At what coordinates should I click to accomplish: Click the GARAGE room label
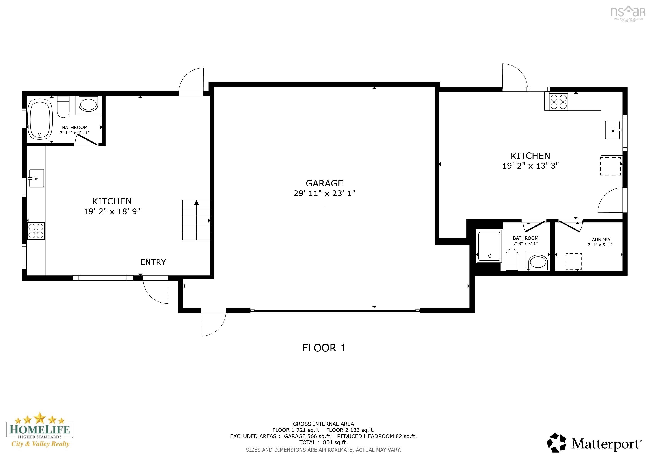pyautogui.click(x=324, y=183)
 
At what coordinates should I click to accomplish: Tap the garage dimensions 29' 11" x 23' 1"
pyautogui.click(x=324, y=193)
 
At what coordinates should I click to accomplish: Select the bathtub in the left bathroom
pyautogui.click(x=40, y=119)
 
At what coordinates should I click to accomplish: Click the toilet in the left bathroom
pyautogui.click(x=63, y=107)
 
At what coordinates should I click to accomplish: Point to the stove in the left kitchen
pyautogui.click(x=36, y=231)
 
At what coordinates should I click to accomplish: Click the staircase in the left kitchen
pyautogui.click(x=196, y=220)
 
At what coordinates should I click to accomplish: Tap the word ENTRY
pyautogui.click(x=153, y=262)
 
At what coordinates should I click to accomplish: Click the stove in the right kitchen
pyautogui.click(x=558, y=102)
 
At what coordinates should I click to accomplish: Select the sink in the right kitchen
pyautogui.click(x=612, y=130)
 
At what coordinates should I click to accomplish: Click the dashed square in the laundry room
pyautogui.click(x=573, y=262)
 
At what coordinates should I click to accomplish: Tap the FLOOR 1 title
pyautogui.click(x=324, y=348)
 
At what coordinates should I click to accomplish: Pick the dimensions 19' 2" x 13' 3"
pyautogui.click(x=530, y=166)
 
